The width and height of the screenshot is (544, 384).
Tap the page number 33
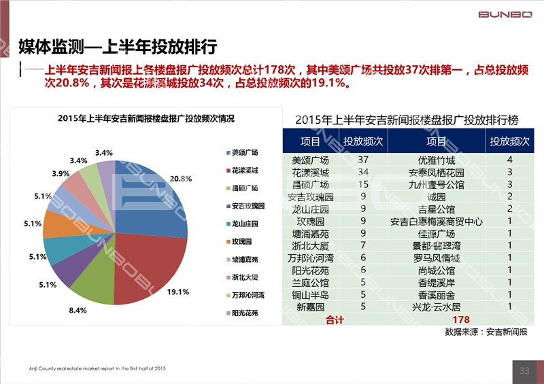[x=524, y=370]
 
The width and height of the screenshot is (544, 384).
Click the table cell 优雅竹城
[x=436, y=160]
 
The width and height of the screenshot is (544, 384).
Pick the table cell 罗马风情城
[x=436, y=258]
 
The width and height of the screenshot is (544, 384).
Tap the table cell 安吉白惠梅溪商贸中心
[x=436, y=222]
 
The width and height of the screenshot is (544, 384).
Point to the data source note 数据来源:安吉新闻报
[x=486, y=332]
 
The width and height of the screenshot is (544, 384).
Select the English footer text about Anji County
[x=88, y=368]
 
